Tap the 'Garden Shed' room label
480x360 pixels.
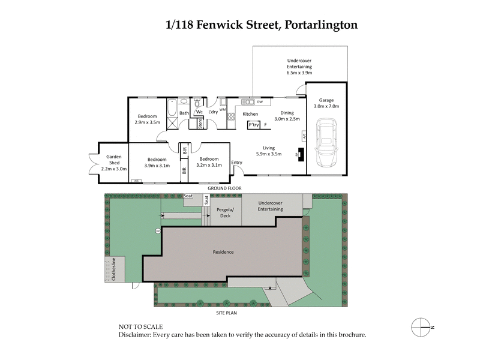pos(113,159)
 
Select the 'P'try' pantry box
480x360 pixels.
pos(254,125)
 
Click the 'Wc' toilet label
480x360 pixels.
pos(199,111)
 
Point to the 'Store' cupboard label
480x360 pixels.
pos(200,123)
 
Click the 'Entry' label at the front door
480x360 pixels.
pos(237,162)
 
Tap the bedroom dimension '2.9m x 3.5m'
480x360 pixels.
pos(146,122)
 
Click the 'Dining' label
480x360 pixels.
pos(287,113)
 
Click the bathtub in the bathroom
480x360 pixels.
pos(172,107)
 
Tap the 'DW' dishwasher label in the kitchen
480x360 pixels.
pos(260,102)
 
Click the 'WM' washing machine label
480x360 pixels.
pos(222,110)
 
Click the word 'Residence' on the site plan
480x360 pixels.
pos(223,252)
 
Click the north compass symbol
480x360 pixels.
pos(422,326)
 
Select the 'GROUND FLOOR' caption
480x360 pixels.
pos(224,188)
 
